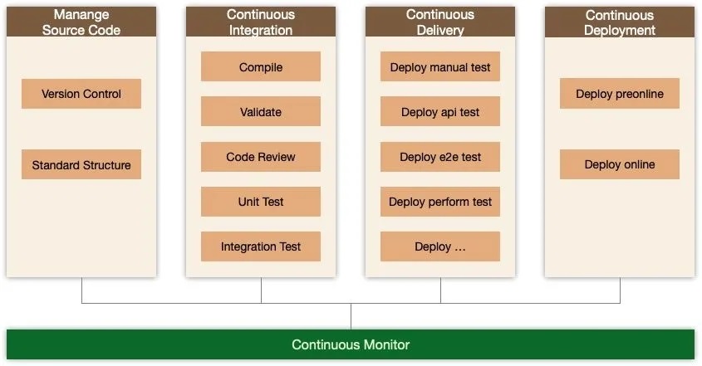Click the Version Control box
(x=81, y=94)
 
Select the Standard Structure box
(x=81, y=164)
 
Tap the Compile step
(x=261, y=67)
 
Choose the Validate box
(x=261, y=112)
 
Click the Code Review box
(x=261, y=157)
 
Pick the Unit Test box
(x=261, y=202)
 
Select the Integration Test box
(x=261, y=246)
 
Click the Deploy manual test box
(x=440, y=67)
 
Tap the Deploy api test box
(x=440, y=112)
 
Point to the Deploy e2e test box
(x=440, y=157)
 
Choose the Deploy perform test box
(x=440, y=202)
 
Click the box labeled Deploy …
(x=440, y=246)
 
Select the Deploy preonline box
(x=620, y=94)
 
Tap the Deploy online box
(x=620, y=164)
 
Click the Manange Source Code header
(x=81, y=22)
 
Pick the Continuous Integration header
(x=261, y=22)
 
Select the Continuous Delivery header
(x=440, y=22)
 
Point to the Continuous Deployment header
(x=620, y=22)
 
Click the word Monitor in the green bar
(x=386, y=344)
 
